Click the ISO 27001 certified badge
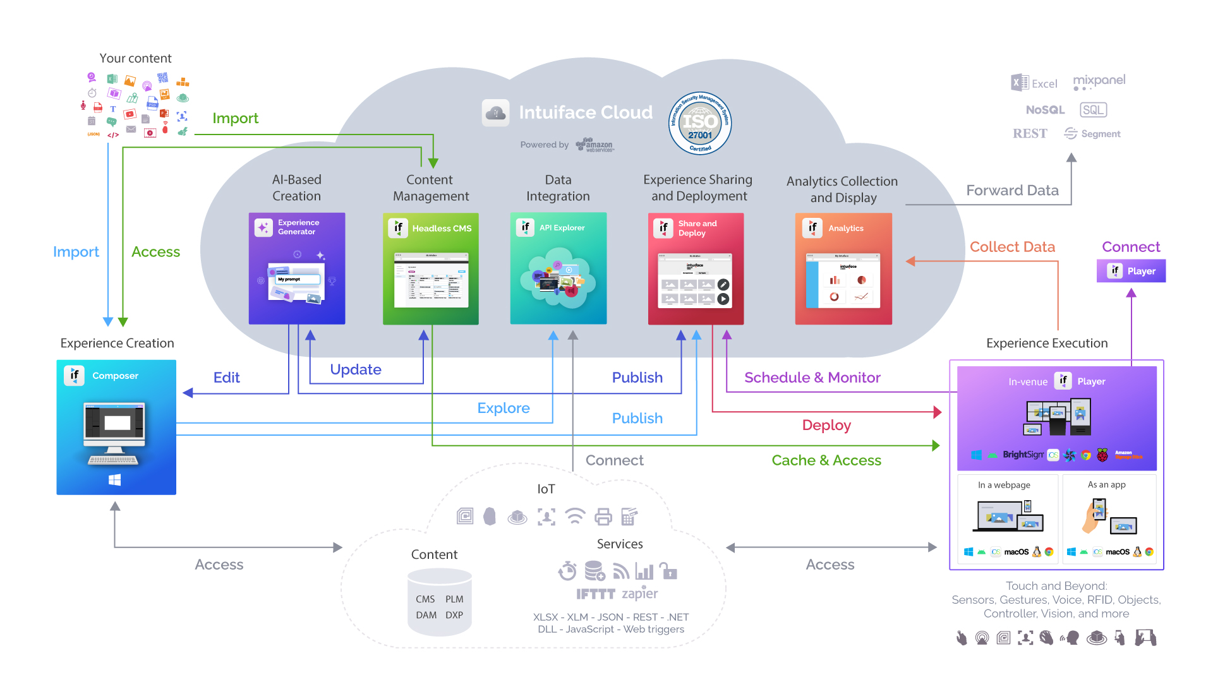point(700,123)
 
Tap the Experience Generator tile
point(297,268)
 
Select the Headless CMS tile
point(431,268)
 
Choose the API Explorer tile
point(558,268)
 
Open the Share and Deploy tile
point(696,268)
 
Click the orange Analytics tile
point(843,268)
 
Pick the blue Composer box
point(116,427)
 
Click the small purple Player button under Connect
point(1132,271)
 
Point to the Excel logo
point(1034,83)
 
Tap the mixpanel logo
point(1099,81)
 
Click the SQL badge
point(1093,110)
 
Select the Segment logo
point(1092,133)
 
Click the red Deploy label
point(826,425)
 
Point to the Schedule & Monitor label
point(812,378)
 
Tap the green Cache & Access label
point(826,460)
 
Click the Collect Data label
point(1012,247)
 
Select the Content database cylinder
point(440,602)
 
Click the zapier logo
point(640,594)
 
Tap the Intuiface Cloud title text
point(586,112)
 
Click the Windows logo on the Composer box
point(115,480)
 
